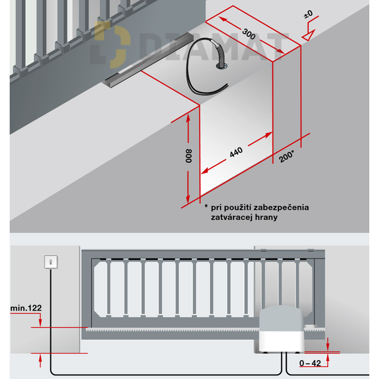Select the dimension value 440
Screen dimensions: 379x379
coord(236,152)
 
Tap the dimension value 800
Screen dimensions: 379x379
coord(189,156)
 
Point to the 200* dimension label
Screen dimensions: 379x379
coord(287,156)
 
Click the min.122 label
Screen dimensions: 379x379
coord(26,308)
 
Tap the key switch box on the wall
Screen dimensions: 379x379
coord(50,262)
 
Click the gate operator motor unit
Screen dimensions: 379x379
coord(281,331)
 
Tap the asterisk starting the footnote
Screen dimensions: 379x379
coord(206,207)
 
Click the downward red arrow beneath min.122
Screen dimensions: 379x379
coord(40,322)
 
